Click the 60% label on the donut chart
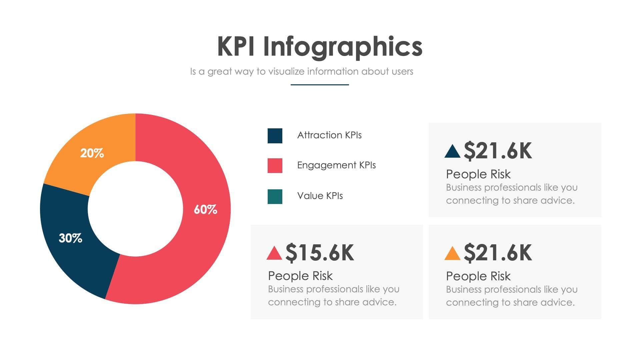pos(205,210)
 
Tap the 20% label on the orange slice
pos(92,153)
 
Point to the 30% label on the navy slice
pos(70,238)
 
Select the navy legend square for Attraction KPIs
pos(275,136)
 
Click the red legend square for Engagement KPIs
pos(275,166)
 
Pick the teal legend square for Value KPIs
pos(275,196)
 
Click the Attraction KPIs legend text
pos(329,135)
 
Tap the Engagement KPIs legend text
pos(336,165)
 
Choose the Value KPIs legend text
pos(320,196)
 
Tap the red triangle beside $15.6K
pos(274,254)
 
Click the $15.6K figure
pos(320,253)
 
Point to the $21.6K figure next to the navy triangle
pos(498,151)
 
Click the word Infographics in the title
pos(343,47)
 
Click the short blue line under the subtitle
pos(320,85)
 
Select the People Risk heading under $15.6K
pos(300,276)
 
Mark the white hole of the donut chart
pos(135,209)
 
